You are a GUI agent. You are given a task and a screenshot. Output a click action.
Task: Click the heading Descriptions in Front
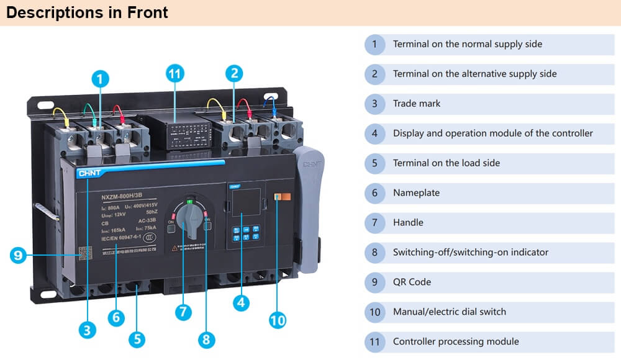click(x=87, y=12)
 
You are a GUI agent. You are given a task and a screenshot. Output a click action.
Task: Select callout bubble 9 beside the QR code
click(x=19, y=254)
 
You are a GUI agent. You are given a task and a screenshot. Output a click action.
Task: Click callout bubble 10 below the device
click(x=278, y=320)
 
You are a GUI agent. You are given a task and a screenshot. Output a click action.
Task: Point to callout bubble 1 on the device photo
click(x=100, y=79)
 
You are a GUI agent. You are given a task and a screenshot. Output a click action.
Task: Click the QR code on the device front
click(x=84, y=253)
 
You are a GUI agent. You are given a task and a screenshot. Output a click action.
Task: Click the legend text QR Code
click(x=412, y=282)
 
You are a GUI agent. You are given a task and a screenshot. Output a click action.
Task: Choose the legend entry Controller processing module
click(x=456, y=341)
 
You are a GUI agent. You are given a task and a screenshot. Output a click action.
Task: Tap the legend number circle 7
click(x=374, y=223)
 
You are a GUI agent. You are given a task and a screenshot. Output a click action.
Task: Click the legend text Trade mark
click(x=417, y=104)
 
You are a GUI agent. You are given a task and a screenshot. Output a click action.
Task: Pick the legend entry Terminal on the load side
click(x=446, y=163)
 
